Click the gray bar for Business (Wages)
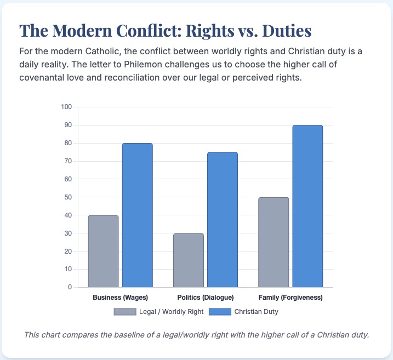pos(103,251)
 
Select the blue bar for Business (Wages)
pos(137,215)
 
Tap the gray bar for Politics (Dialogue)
pos(188,260)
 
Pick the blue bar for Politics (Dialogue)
pos(222,219)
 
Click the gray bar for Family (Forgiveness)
pos(273,242)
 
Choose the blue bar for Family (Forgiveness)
pos(307,206)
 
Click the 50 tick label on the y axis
pos(67,197)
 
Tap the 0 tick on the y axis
pos(70,287)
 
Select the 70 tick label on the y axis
pos(67,161)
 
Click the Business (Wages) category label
pos(120,298)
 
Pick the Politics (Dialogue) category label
pos(206,298)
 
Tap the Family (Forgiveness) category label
pos(291,298)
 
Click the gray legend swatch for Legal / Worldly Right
pos(124,312)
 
